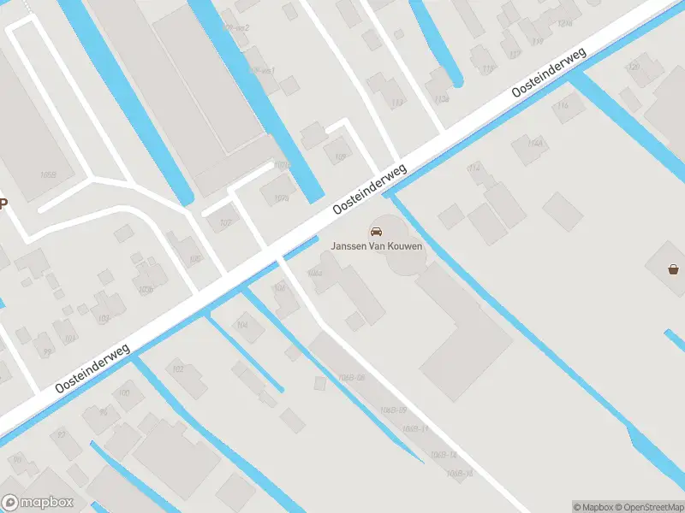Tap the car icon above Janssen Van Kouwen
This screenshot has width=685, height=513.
coord(376,231)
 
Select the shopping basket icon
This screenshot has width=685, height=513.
coord(675,270)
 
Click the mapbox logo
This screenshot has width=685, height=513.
coord(39,503)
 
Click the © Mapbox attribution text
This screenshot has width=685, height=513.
coord(594,506)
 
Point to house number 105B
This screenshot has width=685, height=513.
coord(47,175)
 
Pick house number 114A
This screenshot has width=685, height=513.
coord(536,142)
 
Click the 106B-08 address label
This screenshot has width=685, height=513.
coord(351,377)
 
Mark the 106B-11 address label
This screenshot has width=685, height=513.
coord(414,427)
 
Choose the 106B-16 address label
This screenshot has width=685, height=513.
coord(460,473)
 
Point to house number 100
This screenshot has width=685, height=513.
coord(124,392)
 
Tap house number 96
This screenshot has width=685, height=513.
coord(104,411)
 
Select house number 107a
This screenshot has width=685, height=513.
coord(282,164)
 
